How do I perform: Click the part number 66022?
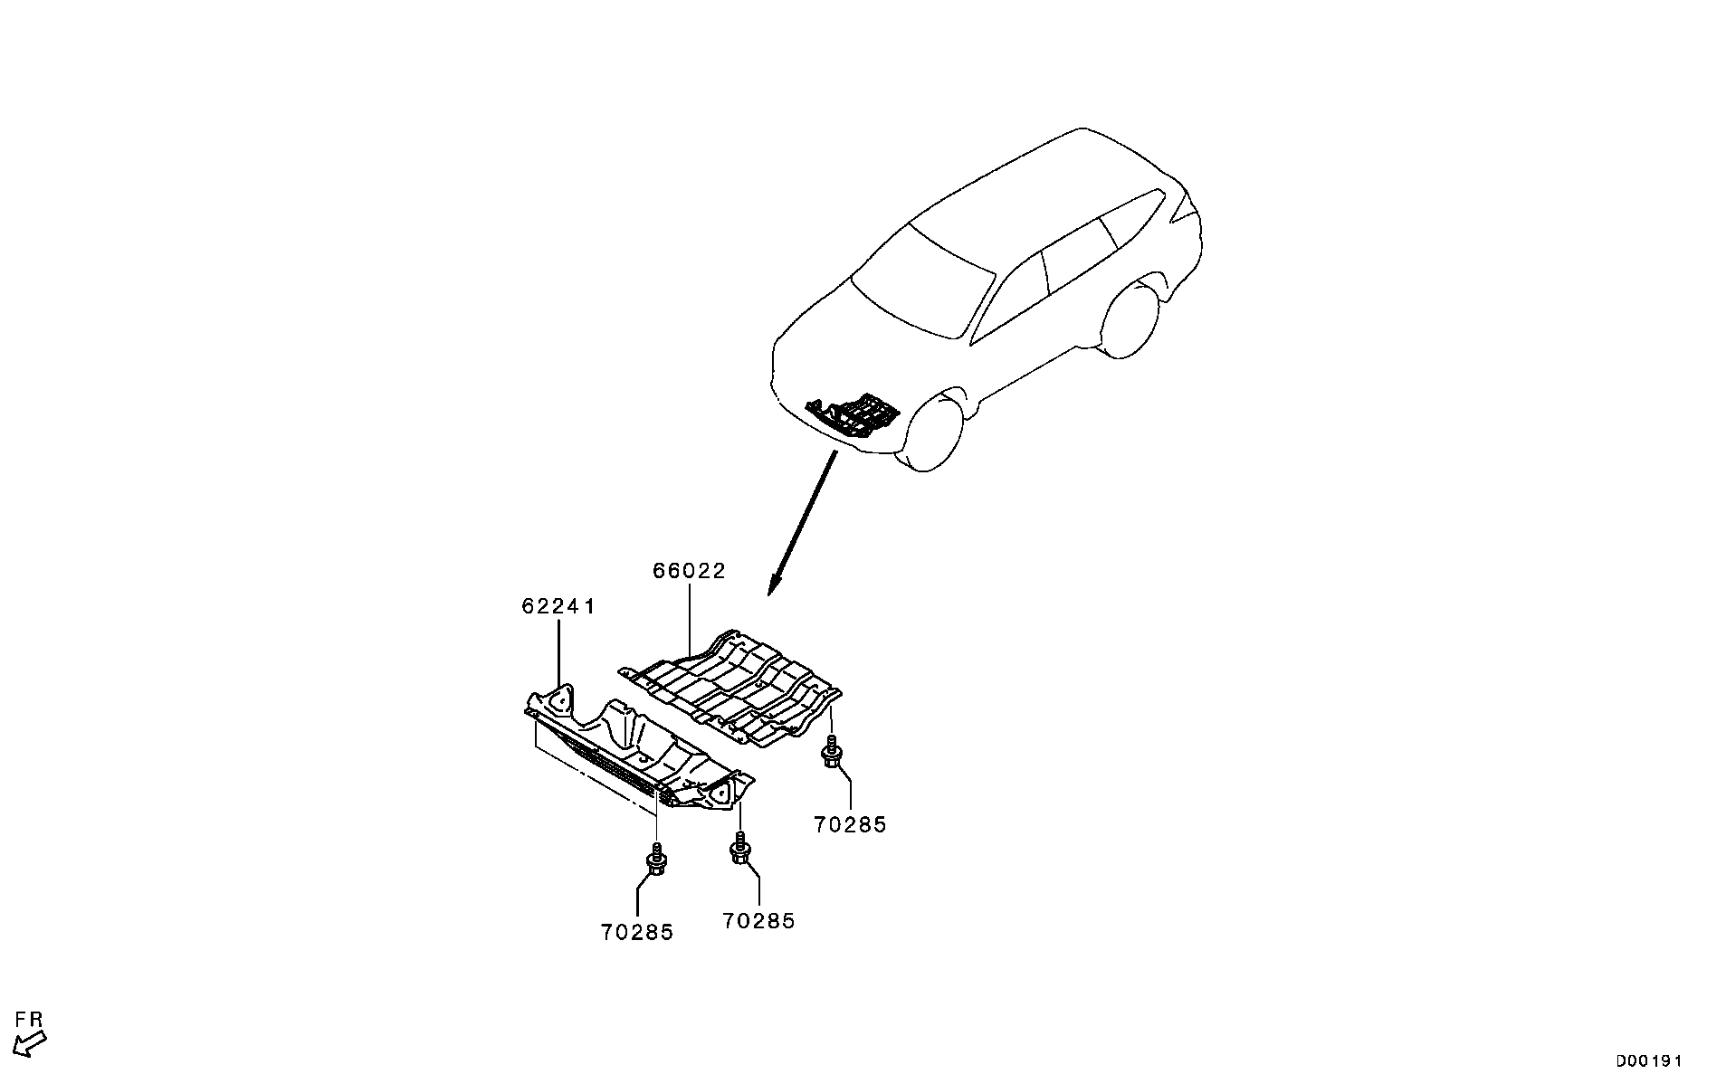689,571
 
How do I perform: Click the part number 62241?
558,606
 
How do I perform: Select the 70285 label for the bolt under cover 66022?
850,824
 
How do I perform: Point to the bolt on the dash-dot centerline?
656,860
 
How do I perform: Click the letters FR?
29,1021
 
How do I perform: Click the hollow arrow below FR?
32,1043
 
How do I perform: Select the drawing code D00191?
1649,1060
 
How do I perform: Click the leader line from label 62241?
558,651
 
